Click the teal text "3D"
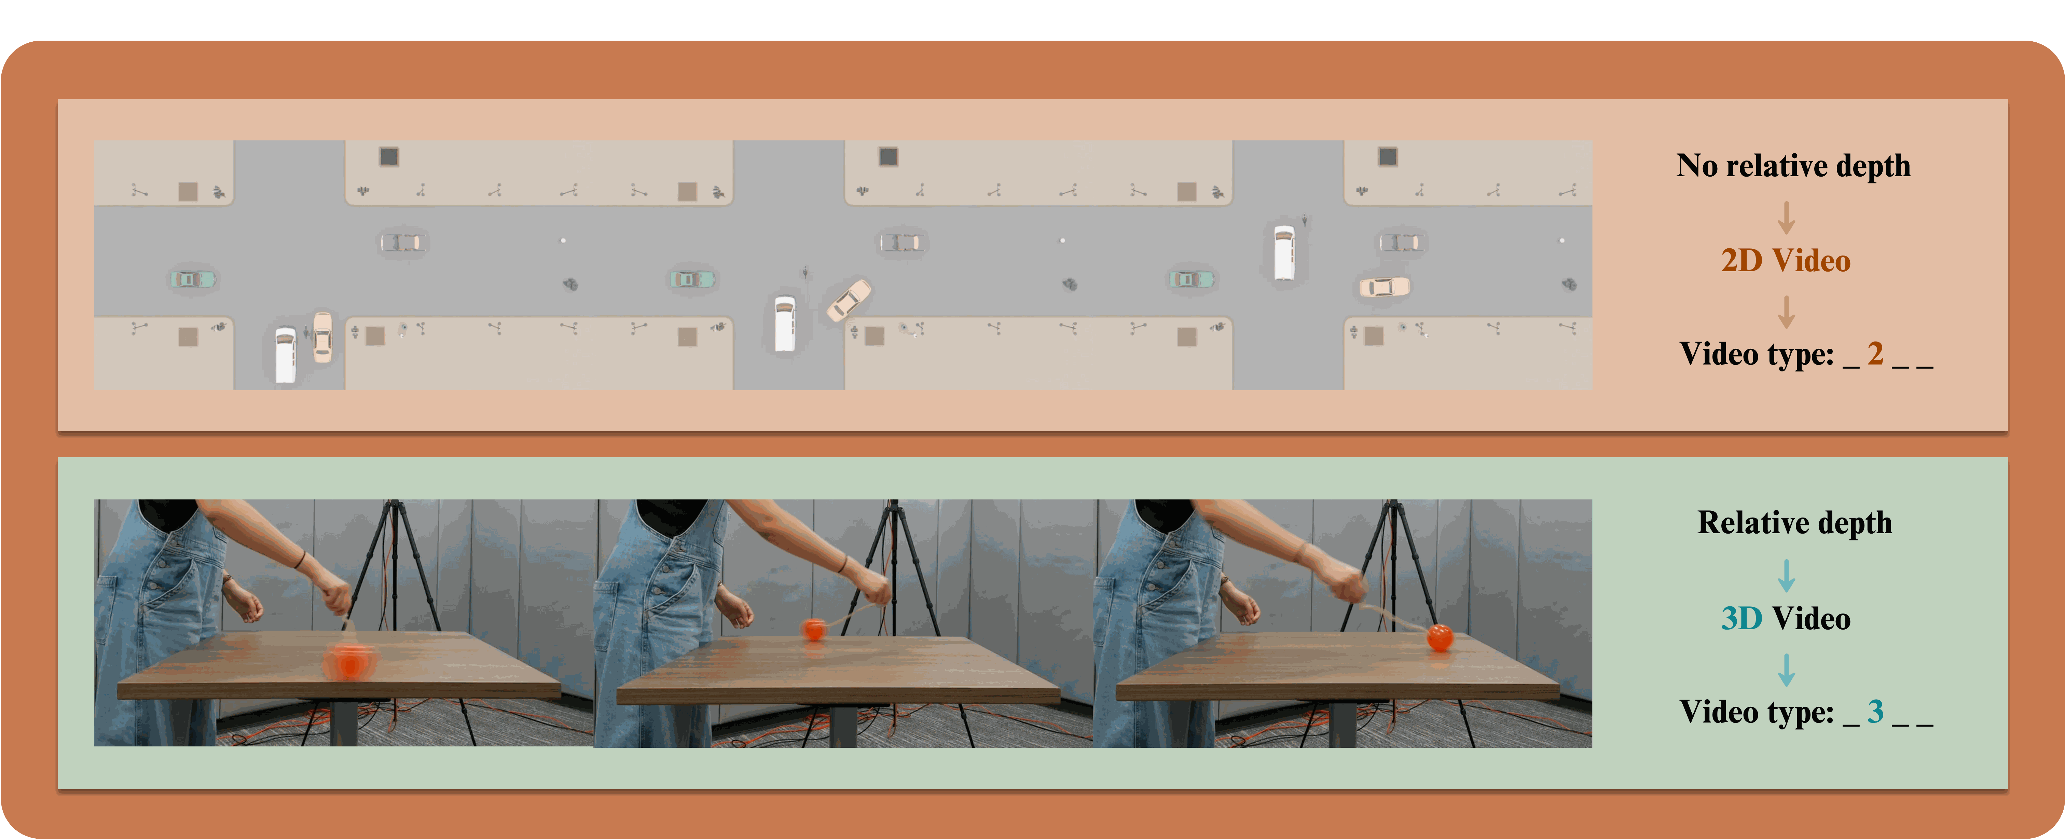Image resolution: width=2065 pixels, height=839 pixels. click(1741, 619)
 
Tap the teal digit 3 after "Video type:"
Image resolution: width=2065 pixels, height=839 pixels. click(1875, 711)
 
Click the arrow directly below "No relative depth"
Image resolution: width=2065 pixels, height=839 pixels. click(1786, 217)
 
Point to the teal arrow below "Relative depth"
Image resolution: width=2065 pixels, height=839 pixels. click(1786, 575)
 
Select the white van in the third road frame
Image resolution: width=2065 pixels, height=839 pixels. click(1284, 252)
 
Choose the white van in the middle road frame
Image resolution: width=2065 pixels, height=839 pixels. click(785, 323)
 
